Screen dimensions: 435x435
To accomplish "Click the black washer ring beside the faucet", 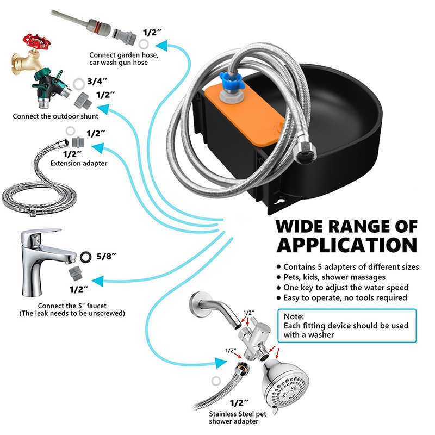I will pyautogui.click(x=85, y=255).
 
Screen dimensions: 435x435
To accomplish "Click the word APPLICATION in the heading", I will pyautogui.click(x=346, y=244).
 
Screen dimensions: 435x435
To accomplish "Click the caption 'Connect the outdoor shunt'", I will pyautogui.click(x=55, y=116).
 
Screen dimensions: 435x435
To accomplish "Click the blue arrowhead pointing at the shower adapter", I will pyautogui.click(x=220, y=362).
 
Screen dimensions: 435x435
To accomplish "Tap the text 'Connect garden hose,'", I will pyautogui.click(x=124, y=55).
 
